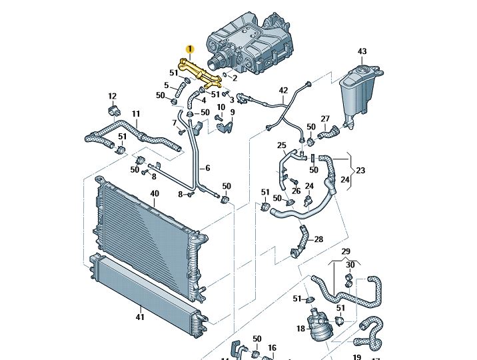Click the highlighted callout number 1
tap(189, 49)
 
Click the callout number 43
tap(362, 51)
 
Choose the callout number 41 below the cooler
tap(140, 317)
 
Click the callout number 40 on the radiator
tap(155, 194)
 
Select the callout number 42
tap(283, 90)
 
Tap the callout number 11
tap(136, 114)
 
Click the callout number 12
tap(112, 96)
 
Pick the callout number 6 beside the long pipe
tap(207, 168)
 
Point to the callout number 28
tap(319, 239)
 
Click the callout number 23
tap(360, 170)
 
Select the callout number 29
tap(346, 251)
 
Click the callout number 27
tap(325, 119)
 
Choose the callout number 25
tap(281, 145)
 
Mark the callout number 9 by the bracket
tap(233, 113)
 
